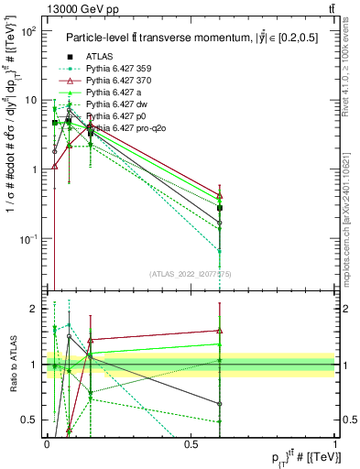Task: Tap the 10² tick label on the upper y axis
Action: [x=27, y=31]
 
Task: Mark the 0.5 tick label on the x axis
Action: [x=191, y=443]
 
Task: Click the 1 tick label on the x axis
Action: [x=335, y=443]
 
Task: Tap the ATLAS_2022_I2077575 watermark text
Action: [x=191, y=273]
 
